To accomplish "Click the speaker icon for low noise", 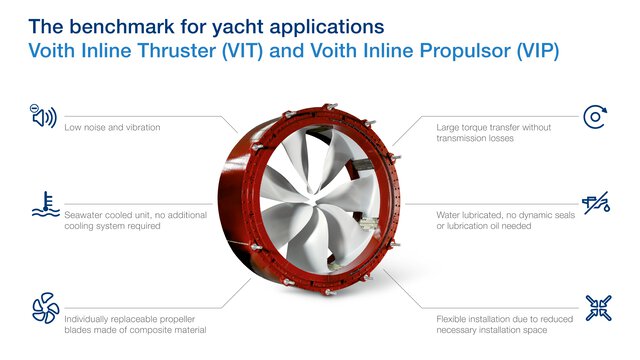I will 43,117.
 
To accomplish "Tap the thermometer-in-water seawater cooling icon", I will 43,203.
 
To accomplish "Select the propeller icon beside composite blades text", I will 43,306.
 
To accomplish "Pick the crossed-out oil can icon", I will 596,204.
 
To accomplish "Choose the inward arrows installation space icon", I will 596,306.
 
